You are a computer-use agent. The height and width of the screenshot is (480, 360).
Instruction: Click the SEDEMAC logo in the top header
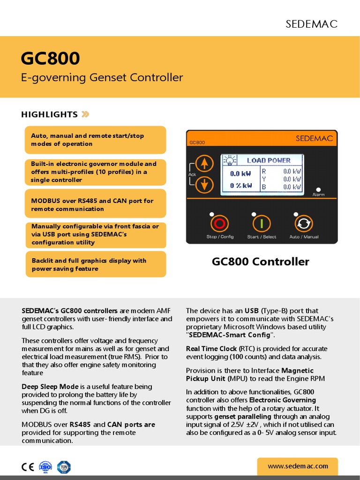coord(311,24)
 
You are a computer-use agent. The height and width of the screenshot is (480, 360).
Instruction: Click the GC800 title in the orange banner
coord(50,59)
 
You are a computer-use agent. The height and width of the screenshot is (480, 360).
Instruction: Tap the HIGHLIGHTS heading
coord(49,114)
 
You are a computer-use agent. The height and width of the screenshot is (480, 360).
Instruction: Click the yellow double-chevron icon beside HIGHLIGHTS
coord(85,114)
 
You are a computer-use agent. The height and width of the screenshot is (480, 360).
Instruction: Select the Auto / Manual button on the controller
coord(303,223)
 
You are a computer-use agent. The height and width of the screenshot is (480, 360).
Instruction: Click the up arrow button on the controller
coord(203,164)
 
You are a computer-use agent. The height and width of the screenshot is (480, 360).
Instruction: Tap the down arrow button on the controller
coord(203,185)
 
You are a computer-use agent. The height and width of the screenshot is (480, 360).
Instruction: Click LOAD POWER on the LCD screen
coord(269,160)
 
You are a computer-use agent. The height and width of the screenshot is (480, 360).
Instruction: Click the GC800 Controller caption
coord(260,262)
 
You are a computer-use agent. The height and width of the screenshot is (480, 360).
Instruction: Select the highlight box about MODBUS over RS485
coord(96,204)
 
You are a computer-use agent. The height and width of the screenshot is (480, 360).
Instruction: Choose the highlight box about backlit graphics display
coord(96,264)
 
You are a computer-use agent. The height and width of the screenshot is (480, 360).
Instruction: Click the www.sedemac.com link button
coord(297,466)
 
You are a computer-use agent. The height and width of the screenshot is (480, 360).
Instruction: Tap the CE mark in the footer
coord(27,467)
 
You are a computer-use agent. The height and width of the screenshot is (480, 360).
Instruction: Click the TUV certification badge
coord(63,467)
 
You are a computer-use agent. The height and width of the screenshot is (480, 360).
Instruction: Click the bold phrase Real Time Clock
coord(211,349)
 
